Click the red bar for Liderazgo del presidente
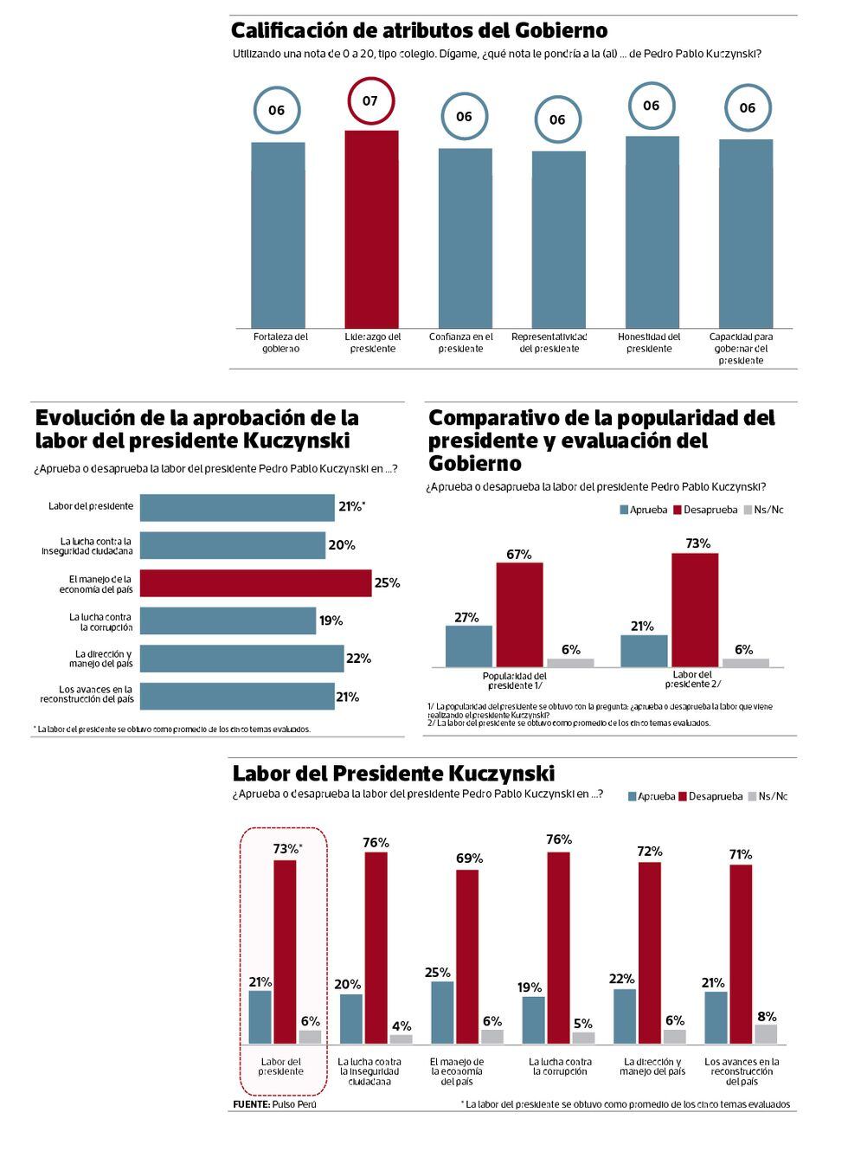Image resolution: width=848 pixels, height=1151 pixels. [x=372, y=229]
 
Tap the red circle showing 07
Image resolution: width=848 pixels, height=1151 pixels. [x=370, y=101]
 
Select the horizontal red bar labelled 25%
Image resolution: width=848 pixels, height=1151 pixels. [x=255, y=583]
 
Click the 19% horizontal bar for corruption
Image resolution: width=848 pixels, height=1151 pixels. [x=228, y=621]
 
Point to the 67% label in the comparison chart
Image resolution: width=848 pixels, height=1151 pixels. [x=519, y=554]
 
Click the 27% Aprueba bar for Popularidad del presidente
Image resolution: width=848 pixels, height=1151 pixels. [x=469, y=646]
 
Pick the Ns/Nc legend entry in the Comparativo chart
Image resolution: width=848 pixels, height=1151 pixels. [x=762, y=510]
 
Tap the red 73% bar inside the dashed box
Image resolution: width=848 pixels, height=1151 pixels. [x=285, y=952]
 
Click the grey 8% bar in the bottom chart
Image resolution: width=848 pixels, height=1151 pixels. [x=766, y=1033]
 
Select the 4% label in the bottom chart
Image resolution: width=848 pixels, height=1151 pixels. [x=402, y=1026]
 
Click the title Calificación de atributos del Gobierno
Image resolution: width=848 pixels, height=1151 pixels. [x=419, y=31]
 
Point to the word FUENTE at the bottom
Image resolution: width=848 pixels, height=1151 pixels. [x=250, y=1104]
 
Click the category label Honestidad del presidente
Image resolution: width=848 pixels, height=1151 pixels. [x=649, y=343]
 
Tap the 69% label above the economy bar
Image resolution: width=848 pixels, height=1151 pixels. [x=469, y=858]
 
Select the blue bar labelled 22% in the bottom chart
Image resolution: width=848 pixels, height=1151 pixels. [x=625, y=1016]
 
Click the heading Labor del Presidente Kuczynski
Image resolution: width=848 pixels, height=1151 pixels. [x=394, y=773]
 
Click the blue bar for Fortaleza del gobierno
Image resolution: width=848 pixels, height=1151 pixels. [x=278, y=235]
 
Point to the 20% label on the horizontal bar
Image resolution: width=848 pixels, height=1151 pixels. [x=342, y=545]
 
